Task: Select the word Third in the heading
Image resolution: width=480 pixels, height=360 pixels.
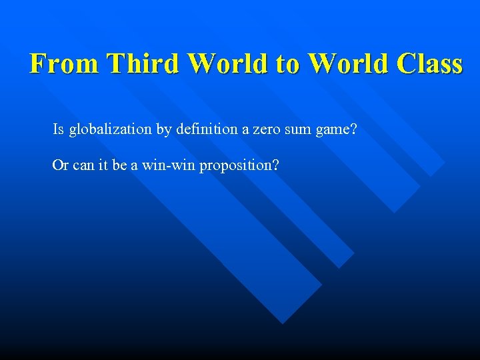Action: coord(144,64)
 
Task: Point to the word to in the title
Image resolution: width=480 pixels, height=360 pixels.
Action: coord(288,64)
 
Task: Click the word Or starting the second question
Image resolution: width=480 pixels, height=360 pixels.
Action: coord(60,165)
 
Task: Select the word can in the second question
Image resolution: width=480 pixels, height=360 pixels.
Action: coord(83,165)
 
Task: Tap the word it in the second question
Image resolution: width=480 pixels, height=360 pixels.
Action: coord(103,165)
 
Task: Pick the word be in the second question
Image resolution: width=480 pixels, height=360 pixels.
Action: coord(119,165)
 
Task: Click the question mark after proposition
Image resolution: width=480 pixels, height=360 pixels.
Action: coord(275,165)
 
